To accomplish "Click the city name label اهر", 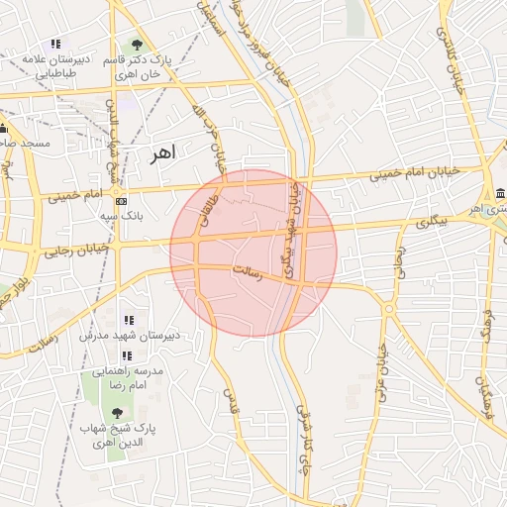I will coord(160,153).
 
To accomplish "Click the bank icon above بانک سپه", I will coord(122,201).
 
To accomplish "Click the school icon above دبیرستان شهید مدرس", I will coord(128,321).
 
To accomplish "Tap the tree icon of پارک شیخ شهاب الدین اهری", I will coord(117,412).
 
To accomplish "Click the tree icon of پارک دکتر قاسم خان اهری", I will coord(136,45).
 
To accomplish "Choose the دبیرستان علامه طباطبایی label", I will coord(56,65).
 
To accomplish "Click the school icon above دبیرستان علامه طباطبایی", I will coord(55,45).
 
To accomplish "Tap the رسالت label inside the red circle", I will coord(245,273).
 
